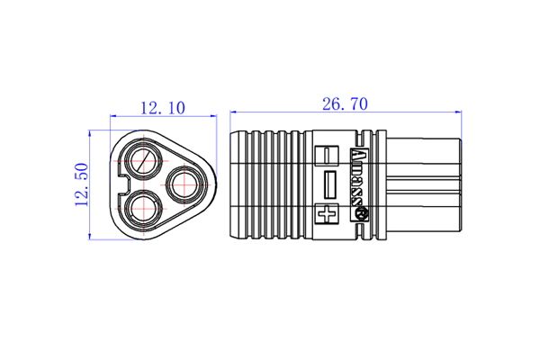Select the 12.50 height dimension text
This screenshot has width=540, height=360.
pyautogui.click(x=80, y=184)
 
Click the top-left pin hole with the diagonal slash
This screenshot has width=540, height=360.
pyautogui.click(x=142, y=162)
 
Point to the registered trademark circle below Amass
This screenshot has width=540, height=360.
pyautogui.click(x=364, y=216)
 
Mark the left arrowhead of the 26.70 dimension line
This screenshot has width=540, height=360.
pyautogui.click(x=234, y=112)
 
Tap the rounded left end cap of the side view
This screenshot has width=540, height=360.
pyautogui.click(x=236, y=185)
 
